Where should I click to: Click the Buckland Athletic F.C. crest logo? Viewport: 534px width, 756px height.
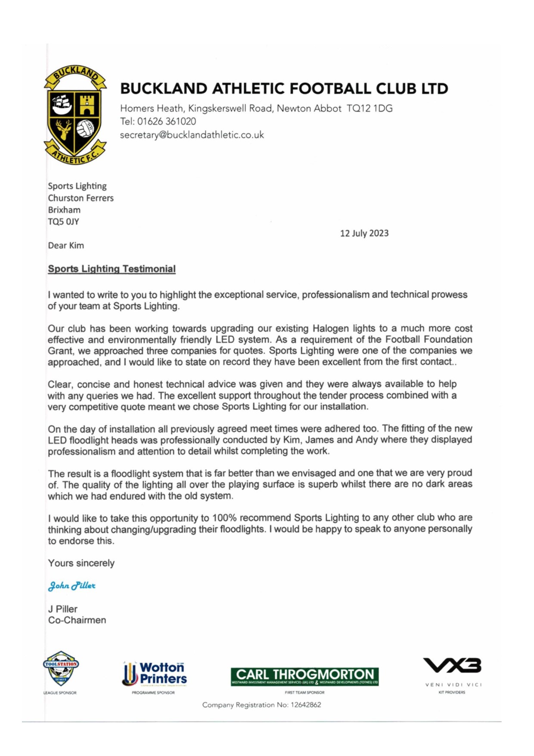pos(75,116)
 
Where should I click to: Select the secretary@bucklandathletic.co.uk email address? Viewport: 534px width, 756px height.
pos(192,135)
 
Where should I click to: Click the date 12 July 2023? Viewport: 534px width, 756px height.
pos(364,233)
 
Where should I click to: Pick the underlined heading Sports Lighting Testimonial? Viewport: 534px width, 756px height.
pos(112,269)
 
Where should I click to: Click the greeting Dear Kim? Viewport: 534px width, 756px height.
pos(66,246)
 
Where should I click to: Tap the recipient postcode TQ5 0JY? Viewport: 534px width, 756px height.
pos(63,222)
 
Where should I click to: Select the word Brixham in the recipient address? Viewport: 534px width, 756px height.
pos(64,210)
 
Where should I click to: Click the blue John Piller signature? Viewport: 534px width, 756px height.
pos(71,586)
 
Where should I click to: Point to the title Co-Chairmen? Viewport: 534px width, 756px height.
pos(77,620)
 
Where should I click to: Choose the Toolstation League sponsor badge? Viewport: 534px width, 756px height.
pos(61,669)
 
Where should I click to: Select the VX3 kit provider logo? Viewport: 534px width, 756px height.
pos(452,666)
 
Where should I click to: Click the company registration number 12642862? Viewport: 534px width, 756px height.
pos(306,705)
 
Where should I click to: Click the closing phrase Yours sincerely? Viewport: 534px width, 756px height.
pos(81,563)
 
